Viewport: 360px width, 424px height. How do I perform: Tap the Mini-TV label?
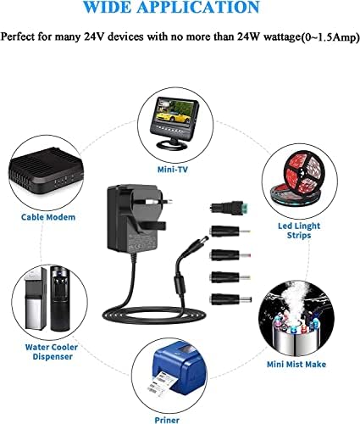tap(173, 170)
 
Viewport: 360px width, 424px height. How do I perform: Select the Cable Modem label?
tap(48, 217)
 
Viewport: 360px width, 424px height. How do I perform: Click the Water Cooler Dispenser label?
tap(52, 352)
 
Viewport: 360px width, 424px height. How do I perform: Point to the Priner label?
tap(167, 420)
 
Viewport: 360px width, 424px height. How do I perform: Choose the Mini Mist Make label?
tap(296, 365)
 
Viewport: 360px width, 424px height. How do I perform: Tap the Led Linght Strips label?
tap(299, 231)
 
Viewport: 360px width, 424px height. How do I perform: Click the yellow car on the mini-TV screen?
tap(170, 115)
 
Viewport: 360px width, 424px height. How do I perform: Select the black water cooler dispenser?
tap(60, 298)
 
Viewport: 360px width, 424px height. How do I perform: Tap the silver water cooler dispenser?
tap(35, 298)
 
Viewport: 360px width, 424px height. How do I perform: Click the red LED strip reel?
tap(303, 172)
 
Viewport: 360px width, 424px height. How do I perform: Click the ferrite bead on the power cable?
tap(180, 286)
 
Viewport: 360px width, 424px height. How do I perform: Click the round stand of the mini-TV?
tap(172, 145)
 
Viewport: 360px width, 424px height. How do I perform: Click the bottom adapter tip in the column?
tap(230, 299)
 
